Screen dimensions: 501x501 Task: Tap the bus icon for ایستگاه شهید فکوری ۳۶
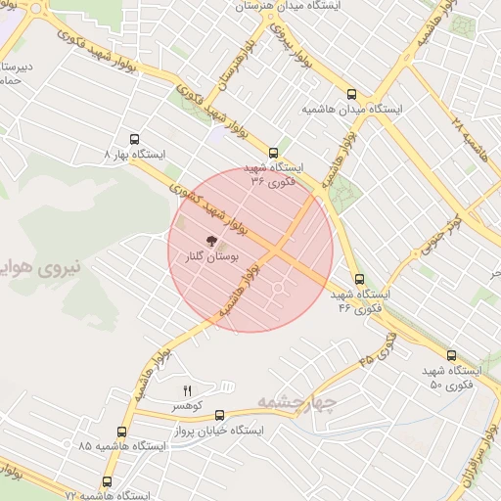click(x=273, y=153)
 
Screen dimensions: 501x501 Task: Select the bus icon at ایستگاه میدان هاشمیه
click(x=352, y=94)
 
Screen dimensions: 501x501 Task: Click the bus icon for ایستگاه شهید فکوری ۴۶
click(x=359, y=280)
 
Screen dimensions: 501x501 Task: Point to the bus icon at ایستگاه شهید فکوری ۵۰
click(x=451, y=356)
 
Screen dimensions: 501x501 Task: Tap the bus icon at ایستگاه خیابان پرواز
click(x=219, y=415)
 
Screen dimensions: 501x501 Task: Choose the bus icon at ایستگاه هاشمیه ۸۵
click(x=122, y=432)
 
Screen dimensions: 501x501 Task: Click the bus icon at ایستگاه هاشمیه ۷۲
click(x=108, y=481)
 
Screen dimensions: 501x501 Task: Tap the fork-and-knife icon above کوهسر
click(x=187, y=390)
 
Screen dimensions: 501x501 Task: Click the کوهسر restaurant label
click(x=186, y=405)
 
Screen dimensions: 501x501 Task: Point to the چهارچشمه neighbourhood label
click(x=296, y=401)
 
